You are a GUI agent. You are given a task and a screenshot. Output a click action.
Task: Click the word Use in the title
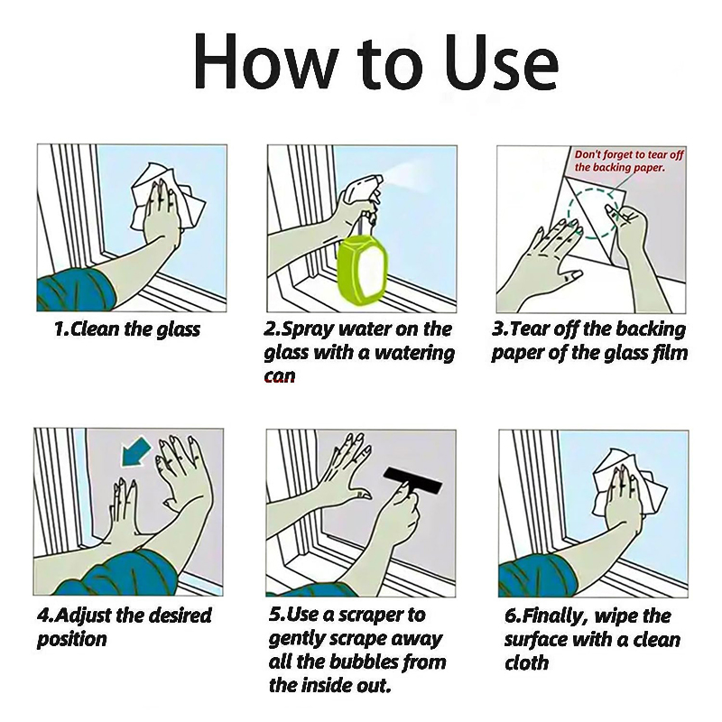[502, 61]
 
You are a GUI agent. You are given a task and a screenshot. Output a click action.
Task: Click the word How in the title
[263, 61]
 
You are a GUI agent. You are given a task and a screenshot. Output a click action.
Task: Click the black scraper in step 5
[412, 480]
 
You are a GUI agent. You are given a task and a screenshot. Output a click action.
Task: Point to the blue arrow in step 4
[134, 453]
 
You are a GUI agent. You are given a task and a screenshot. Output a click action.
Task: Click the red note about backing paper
[628, 161]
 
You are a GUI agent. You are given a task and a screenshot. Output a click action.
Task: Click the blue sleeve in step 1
[76, 290]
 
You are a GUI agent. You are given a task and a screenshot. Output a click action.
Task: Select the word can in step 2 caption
[280, 376]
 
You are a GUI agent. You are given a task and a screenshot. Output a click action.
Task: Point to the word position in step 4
[72, 640]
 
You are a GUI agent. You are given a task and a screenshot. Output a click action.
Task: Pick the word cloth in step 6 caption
[527, 663]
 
